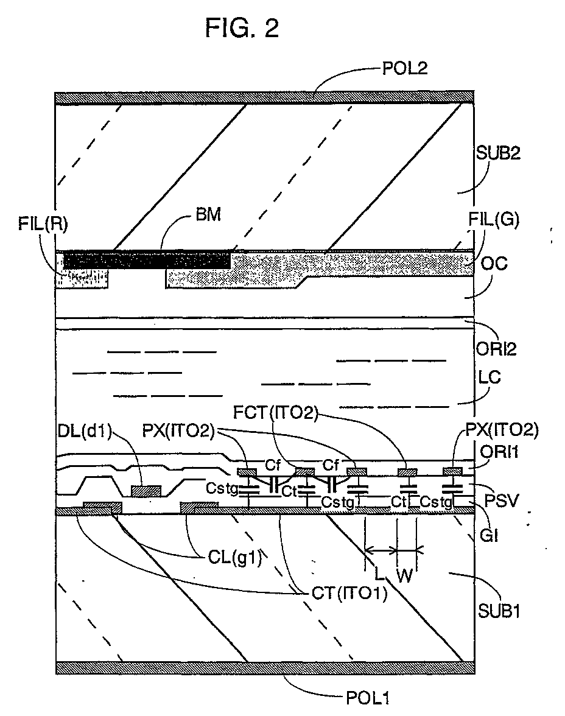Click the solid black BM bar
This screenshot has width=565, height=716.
point(146,259)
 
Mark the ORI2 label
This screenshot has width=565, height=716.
point(499,349)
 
